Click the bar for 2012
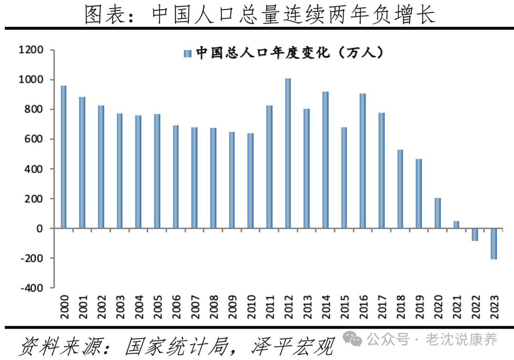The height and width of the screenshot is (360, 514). pos(288,153)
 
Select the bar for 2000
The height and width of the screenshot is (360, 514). pos(64,157)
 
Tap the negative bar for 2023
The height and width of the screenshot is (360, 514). pos(494,244)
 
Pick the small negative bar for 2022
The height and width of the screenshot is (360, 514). pos(475,235)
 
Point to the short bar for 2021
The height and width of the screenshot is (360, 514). pos(456,225)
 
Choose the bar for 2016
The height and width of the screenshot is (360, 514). pos(363,161)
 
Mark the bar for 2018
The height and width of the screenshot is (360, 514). pos(400,189)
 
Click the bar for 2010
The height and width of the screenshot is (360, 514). pos(250,181)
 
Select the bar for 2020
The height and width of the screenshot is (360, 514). pos(437,213)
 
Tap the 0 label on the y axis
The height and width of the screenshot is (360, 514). pos(40,229)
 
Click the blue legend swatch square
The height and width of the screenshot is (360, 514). pos(187,53)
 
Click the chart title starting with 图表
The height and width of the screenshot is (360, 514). pos(260,14)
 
